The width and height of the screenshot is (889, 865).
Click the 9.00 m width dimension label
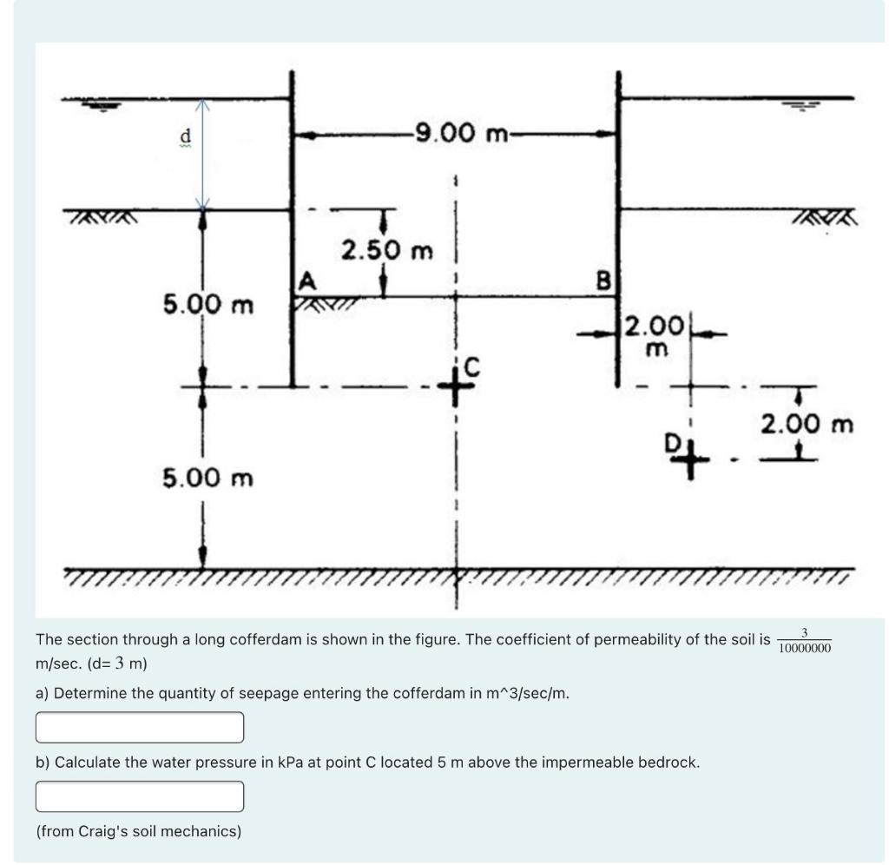coord(461,134)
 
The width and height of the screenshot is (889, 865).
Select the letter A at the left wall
coord(305,280)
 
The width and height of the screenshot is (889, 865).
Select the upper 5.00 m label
coord(208,305)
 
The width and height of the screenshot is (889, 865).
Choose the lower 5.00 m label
coord(208,478)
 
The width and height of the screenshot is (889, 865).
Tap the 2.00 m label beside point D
coord(807,425)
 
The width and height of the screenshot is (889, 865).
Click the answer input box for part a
coord(139,727)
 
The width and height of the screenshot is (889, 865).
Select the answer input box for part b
coord(139,796)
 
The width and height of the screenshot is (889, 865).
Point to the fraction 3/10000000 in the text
coord(805,640)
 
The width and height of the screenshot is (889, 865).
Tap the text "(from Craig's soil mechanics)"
coord(139,831)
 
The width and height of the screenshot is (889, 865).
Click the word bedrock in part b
coord(668,763)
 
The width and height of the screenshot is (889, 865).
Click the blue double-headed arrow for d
coord(202,154)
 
